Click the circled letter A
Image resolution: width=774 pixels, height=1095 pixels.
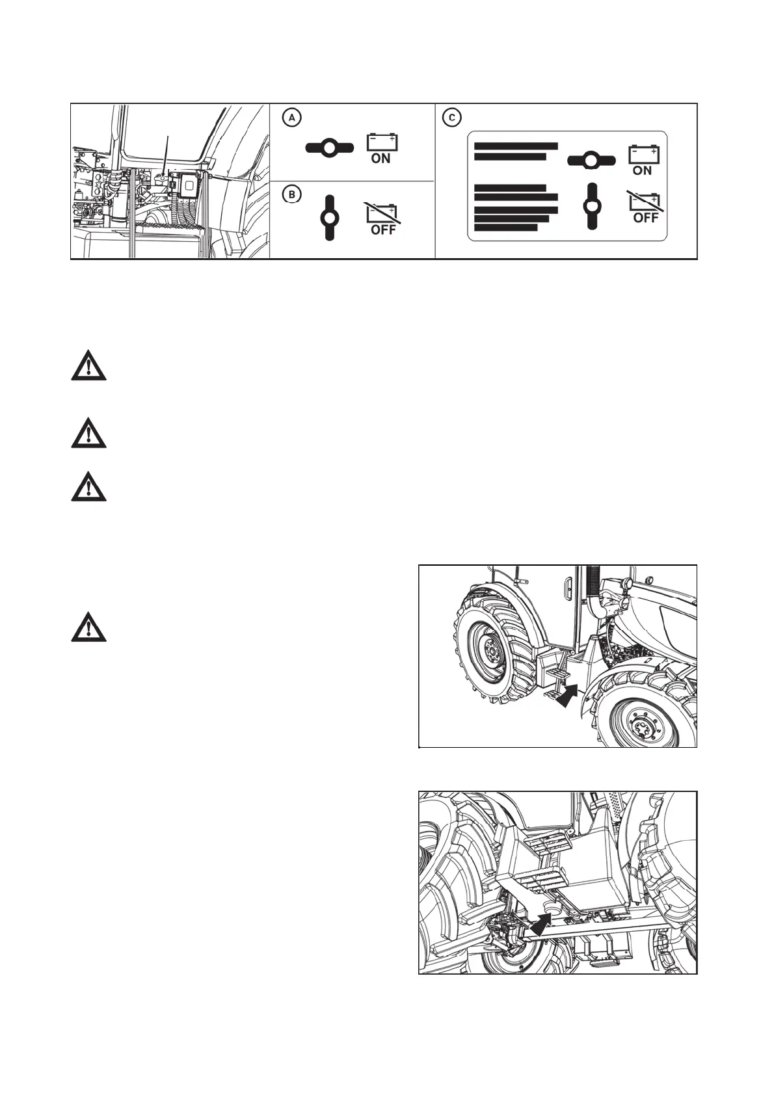pos(293,118)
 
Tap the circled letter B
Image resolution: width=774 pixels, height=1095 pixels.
pos(293,194)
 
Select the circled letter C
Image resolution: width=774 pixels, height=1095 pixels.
pos(451,118)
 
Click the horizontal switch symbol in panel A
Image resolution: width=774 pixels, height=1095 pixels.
pos(329,148)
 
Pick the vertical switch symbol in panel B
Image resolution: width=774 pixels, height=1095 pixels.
pos(330,217)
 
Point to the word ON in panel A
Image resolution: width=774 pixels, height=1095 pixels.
pos(380,158)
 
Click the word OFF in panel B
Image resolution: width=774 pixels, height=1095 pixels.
pos(383,230)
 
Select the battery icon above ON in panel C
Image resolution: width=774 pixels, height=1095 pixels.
pos(643,153)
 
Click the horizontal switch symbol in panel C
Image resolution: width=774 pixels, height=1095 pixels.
pos(591,159)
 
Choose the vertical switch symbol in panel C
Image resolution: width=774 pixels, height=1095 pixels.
pos(592,206)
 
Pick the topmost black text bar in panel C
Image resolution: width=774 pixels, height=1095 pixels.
pos(516,146)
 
